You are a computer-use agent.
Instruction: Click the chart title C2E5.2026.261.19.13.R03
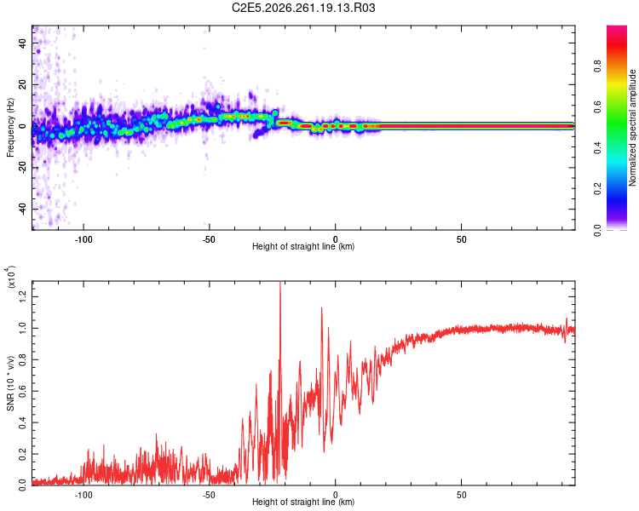(x=303, y=8)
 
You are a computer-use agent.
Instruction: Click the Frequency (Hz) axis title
(x=10, y=128)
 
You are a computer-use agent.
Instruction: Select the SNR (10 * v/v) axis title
(x=10, y=383)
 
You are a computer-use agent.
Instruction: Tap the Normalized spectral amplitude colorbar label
(x=632, y=128)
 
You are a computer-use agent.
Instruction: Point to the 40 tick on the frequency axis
(x=22, y=43)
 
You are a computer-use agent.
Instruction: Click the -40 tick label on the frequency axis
(x=22, y=209)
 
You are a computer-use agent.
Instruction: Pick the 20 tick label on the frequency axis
(x=22, y=84)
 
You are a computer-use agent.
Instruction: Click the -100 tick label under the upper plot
(x=83, y=239)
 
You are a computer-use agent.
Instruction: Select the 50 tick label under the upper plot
(x=461, y=239)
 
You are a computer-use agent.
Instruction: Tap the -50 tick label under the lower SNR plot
(x=209, y=495)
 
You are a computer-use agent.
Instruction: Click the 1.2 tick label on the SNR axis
(x=22, y=296)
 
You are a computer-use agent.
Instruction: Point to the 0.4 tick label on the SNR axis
(x=22, y=422)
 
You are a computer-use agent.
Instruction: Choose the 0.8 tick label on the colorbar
(x=597, y=66)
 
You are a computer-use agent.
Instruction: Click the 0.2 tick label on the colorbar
(x=597, y=189)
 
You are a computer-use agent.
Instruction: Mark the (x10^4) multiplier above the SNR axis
(x=10, y=277)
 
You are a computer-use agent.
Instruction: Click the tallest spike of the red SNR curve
(x=280, y=282)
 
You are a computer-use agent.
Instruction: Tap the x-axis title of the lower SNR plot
(x=303, y=502)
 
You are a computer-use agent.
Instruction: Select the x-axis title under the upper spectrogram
(x=303, y=246)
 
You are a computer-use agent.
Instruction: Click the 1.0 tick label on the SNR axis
(x=22, y=328)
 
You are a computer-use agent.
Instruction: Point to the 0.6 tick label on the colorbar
(x=597, y=106)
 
